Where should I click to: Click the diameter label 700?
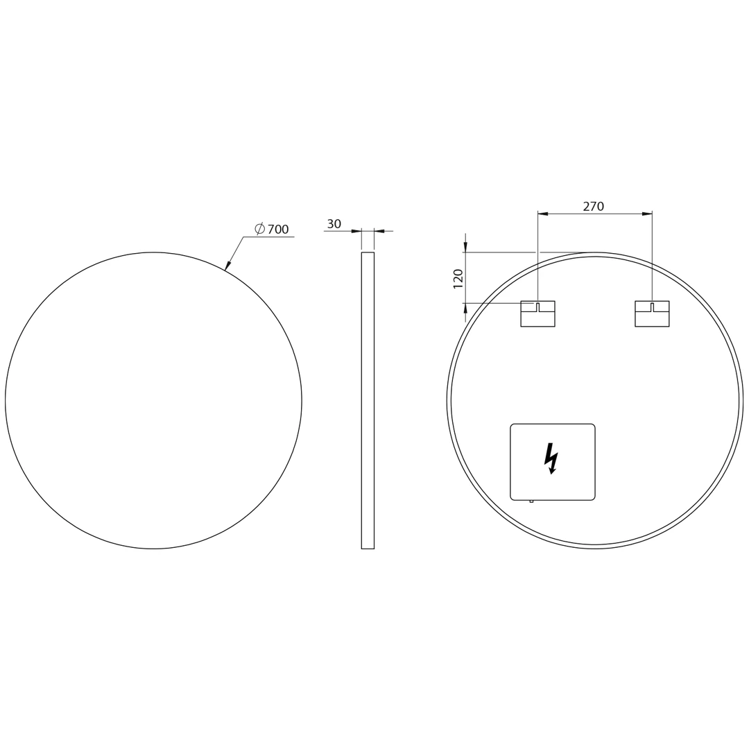(x=278, y=230)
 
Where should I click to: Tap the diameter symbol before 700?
(x=260, y=229)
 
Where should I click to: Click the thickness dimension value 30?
(x=334, y=223)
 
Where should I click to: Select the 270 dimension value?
(x=593, y=207)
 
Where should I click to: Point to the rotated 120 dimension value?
(x=458, y=279)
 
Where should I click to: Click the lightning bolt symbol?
(x=551, y=458)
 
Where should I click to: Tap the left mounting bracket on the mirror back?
(x=538, y=314)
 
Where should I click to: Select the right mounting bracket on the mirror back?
(x=652, y=314)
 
